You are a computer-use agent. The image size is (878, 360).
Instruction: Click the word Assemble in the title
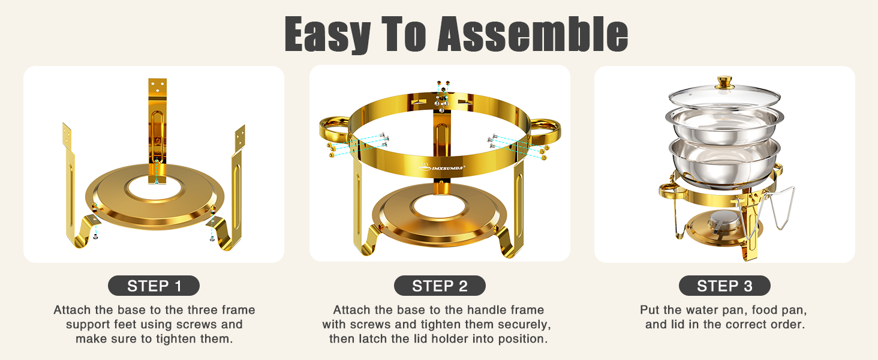pyautogui.click(x=533, y=34)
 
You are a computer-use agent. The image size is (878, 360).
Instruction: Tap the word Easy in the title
pyautogui.click(x=326, y=34)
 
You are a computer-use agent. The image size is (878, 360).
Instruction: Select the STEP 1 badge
pyautogui.click(x=154, y=286)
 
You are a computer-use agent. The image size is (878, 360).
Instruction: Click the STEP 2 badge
pyautogui.click(x=440, y=286)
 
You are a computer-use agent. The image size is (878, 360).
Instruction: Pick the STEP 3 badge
pyautogui.click(x=724, y=286)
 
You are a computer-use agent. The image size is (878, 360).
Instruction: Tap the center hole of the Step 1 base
pyautogui.click(x=155, y=188)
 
